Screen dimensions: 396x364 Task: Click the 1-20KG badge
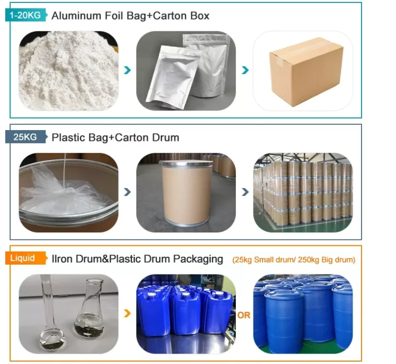[x=25, y=15]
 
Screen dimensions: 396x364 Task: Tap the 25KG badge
[x=25, y=137]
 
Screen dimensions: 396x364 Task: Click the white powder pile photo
[x=68, y=70]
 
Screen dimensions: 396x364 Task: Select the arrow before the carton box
[x=245, y=71]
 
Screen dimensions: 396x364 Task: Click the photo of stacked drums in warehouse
[x=303, y=192]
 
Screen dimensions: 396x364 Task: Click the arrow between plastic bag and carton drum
[x=127, y=192]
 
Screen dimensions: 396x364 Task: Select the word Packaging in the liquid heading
[x=197, y=259]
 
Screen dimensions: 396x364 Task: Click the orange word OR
[x=244, y=315]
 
